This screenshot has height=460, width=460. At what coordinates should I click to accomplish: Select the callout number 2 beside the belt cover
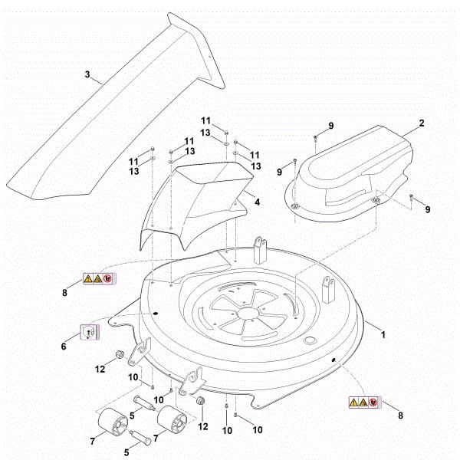[x=421, y=123]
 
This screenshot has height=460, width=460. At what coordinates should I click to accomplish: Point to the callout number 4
[x=258, y=202]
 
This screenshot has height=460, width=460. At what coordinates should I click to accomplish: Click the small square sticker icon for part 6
[x=90, y=331]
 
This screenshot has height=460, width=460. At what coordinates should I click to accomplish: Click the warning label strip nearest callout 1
[x=363, y=401]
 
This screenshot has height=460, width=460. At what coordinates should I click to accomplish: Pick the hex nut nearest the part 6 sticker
[x=120, y=354]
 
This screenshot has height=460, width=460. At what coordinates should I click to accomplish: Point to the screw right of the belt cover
[x=412, y=198]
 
